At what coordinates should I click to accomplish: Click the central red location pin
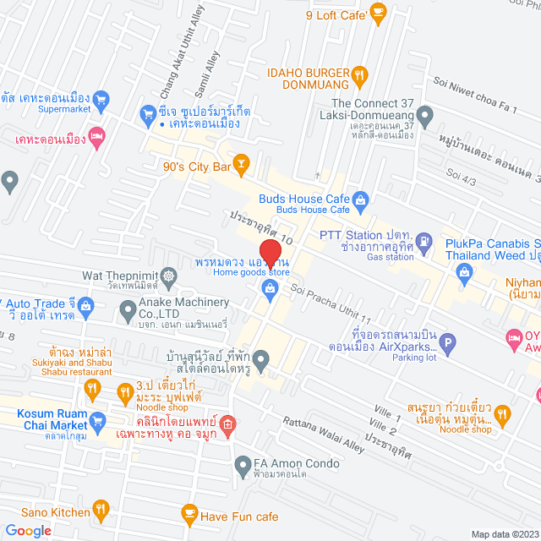(x=270, y=254)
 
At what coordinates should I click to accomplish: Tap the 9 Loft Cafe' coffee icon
(x=378, y=12)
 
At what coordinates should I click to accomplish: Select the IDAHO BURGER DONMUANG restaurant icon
(x=361, y=74)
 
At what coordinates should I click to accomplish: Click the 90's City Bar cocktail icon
(x=242, y=161)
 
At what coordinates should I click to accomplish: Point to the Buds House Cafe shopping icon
(x=361, y=199)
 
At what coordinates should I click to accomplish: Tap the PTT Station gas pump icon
(x=425, y=240)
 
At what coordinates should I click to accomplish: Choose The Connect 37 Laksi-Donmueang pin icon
(x=425, y=114)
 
